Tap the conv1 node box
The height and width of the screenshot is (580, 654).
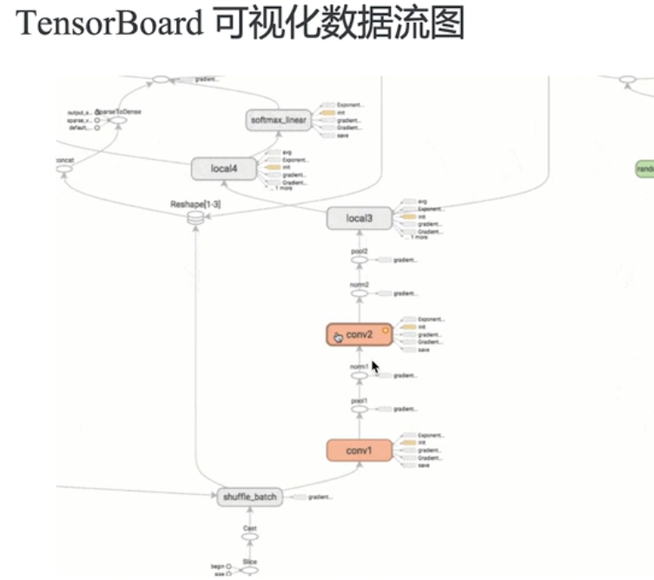[359, 451]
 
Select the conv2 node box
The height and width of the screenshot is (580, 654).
[359, 334]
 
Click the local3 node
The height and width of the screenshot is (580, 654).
[359, 219]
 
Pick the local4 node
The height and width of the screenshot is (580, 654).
[224, 168]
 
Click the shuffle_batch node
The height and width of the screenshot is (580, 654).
[250, 497]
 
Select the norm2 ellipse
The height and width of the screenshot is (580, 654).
[360, 294]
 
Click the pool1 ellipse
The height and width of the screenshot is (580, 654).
[360, 409]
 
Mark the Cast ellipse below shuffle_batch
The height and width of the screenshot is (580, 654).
[250, 537]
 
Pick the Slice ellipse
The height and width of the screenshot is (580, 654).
[250, 570]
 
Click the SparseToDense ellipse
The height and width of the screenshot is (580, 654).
[116, 121]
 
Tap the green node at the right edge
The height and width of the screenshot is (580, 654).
[644, 168]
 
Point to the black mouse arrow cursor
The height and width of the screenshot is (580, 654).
[375, 366]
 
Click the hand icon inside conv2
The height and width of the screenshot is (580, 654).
[338, 336]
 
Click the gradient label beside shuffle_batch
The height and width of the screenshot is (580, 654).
[320, 498]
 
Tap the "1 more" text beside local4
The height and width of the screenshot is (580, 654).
[284, 188]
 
